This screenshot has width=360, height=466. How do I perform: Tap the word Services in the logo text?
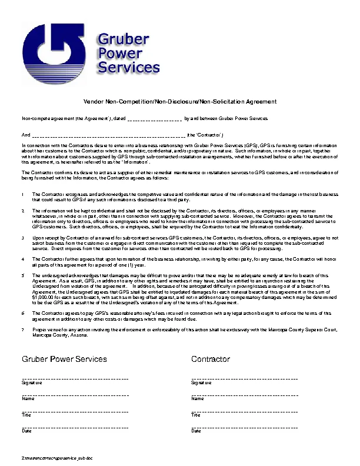(x=128, y=68)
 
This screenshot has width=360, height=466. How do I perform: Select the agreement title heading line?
(x=180, y=102)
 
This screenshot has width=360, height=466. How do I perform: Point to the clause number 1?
(x=22, y=194)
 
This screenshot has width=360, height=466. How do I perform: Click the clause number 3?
(x=22, y=237)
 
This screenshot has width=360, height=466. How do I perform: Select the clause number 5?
(x=22, y=275)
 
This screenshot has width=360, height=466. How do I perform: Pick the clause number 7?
(x=22, y=329)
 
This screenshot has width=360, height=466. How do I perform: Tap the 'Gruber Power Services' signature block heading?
(x=64, y=358)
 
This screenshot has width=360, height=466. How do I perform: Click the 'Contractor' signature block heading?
(x=211, y=358)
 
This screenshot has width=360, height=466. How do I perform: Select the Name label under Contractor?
(x=198, y=399)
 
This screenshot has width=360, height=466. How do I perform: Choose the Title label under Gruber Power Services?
(x=26, y=415)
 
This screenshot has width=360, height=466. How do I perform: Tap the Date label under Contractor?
(x=196, y=431)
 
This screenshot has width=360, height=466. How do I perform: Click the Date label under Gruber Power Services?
(x=27, y=431)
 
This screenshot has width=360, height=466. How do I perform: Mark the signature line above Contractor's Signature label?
(x=245, y=378)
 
